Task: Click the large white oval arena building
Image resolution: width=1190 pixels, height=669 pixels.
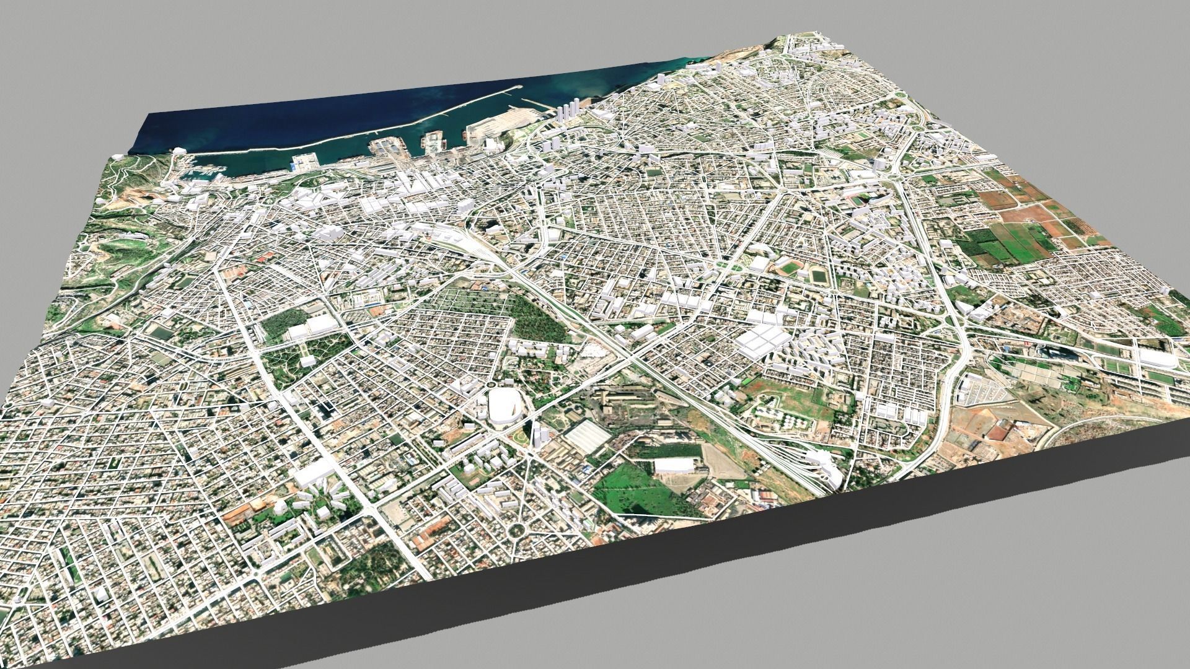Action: tap(505, 406)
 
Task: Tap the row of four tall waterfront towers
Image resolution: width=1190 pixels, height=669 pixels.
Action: tap(568, 114)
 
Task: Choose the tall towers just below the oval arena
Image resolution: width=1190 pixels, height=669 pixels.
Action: tap(538, 434)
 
